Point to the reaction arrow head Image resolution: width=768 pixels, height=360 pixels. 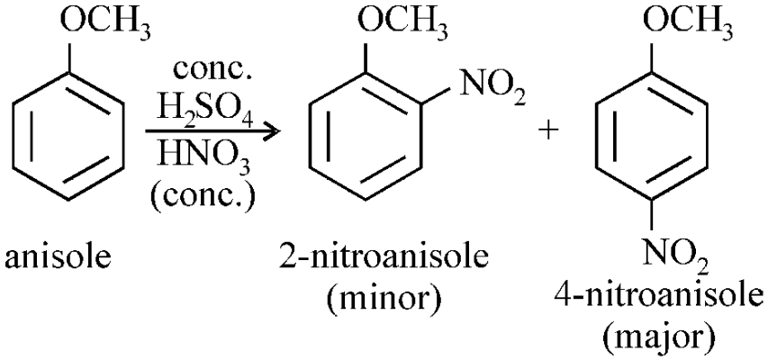[x=272, y=131]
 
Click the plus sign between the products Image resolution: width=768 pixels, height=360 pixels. [x=549, y=131]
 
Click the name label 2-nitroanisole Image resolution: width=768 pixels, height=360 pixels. [x=384, y=257]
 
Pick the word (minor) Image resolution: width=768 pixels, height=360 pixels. [x=384, y=298]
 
